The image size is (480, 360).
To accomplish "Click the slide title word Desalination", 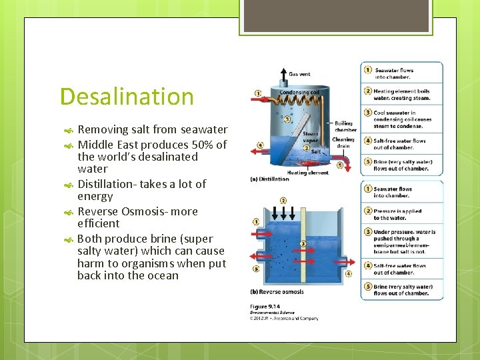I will [x=127, y=97].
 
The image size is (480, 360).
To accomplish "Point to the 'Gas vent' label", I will [x=299, y=74].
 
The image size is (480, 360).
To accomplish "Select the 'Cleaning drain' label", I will [x=343, y=143].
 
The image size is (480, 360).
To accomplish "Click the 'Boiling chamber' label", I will [x=345, y=126].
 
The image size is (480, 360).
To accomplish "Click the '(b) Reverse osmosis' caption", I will [x=276, y=292].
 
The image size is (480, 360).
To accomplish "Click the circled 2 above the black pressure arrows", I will [x=283, y=200].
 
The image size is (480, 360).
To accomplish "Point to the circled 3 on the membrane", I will [x=304, y=244].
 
